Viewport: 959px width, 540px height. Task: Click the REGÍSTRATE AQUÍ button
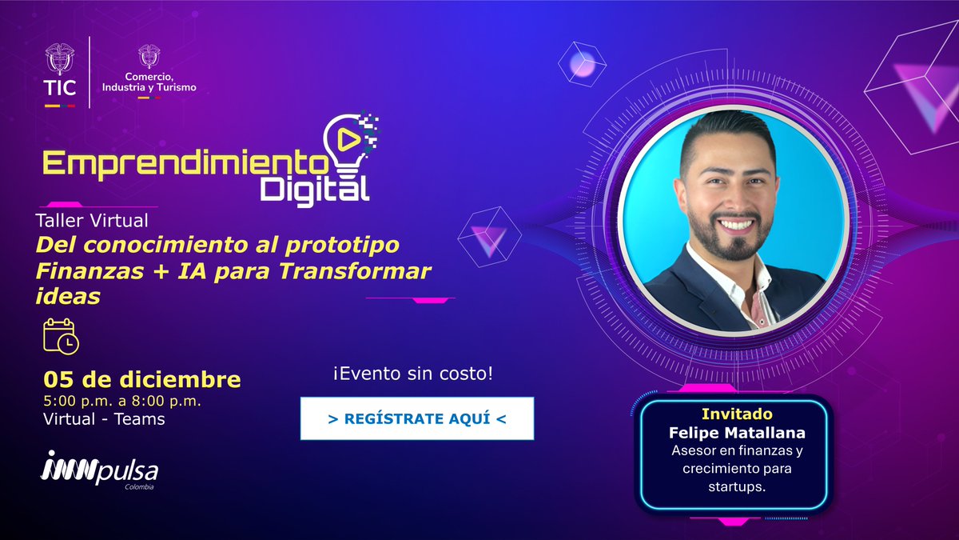click(416, 418)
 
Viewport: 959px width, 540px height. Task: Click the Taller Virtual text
click(91, 218)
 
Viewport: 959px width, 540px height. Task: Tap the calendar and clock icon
click(61, 336)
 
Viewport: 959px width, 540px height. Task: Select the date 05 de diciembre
click(142, 378)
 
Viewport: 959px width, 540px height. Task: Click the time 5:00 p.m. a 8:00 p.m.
click(121, 400)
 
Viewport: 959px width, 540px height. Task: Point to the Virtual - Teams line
click(104, 418)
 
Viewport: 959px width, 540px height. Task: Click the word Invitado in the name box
click(736, 415)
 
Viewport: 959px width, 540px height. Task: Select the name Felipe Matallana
click(736, 433)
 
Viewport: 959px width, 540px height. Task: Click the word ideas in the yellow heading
click(68, 294)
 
